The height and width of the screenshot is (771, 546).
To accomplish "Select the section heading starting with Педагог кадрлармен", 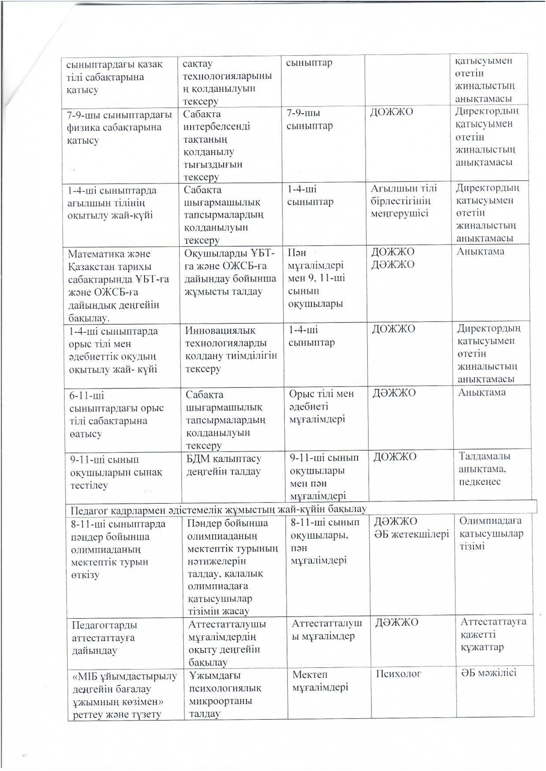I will (x=218, y=510).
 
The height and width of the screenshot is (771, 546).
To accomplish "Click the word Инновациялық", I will (x=220, y=331).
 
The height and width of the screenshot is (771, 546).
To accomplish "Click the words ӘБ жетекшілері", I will (x=411, y=534).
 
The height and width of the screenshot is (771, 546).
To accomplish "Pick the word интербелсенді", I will (x=217, y=127).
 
